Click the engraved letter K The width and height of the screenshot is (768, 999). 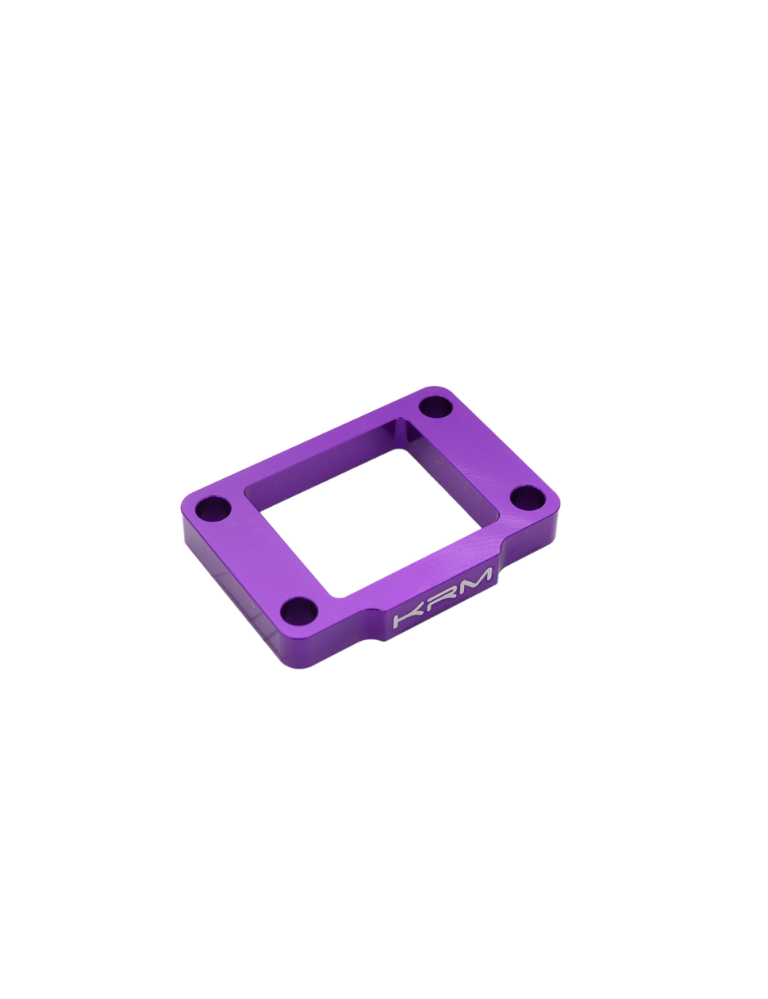pyautogui.click(x=409, y=617)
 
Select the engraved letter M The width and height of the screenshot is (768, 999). pyautogui.click(x=476, y=583)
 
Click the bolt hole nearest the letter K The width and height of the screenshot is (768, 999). pyautogui.click(x=299, y=610)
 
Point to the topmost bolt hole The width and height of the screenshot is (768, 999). pyautogui.click(x=436, y=406)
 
